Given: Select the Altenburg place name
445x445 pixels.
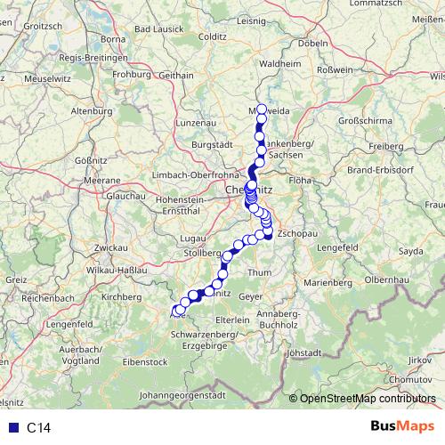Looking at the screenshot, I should pos(93,111).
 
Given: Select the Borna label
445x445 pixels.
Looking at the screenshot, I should pos(113,39).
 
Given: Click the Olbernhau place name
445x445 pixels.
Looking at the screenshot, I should pos(385,279).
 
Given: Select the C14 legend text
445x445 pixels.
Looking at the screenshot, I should pos(39,428).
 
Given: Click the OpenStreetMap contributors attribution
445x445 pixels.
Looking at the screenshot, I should pos(367,399).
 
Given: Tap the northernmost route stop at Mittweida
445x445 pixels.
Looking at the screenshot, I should pos(261,109).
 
